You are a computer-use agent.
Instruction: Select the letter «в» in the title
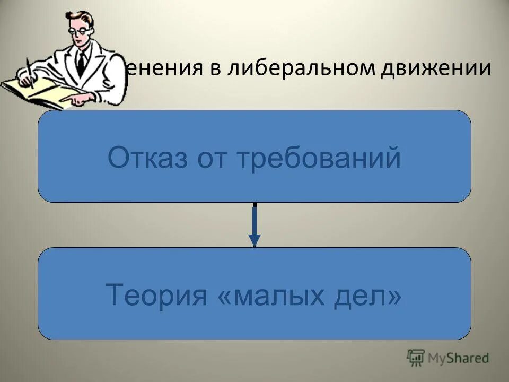pyautogui.click(x=216, y=71)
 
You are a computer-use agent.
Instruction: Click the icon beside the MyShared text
pyautogui.click(x=416, y=357)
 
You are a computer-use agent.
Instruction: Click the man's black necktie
pyautogui.click(x=81, y=60)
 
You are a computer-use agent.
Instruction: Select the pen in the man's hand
pyautogui.click(x=30, y=72)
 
